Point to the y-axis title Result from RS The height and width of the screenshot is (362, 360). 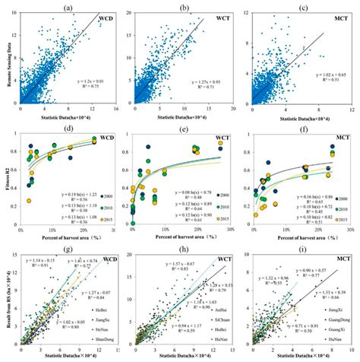(x=7, y=303)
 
